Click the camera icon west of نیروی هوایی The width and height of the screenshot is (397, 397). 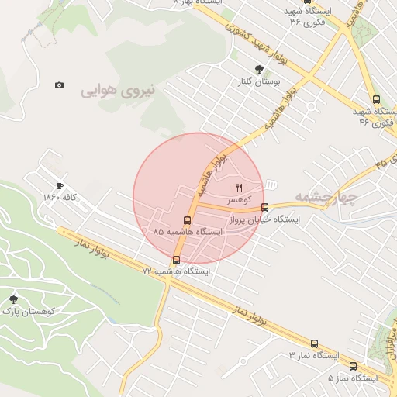pyautogui.click(x=60, y=85)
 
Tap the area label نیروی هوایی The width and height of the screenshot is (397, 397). pyautogui.click(x=118, y=90)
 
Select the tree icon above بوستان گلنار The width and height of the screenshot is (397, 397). pyautogui.click(x=258, y=69)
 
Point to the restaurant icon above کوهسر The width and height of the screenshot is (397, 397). pyautogui.click(x=239, y=188)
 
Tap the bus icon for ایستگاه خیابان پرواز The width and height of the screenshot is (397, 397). pyautogui.click(x=265, y=207)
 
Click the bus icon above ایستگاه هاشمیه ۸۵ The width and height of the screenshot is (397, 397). pyautogui.click(x=186, y=220)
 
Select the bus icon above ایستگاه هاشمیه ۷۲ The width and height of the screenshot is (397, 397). pyautogui.click(x=177, y=260)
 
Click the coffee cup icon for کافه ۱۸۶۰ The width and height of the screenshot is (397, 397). pyautogui.click(x=60, y=186)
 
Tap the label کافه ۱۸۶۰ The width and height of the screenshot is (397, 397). pyautogui.click(x=60, y=197)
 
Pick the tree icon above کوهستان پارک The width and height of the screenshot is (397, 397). pyautogui.click(x=13, y=299)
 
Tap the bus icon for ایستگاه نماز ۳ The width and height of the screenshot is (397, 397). pyautogui.click(x=314, y=343)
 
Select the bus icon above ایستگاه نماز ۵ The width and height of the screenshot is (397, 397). pyautogui.click(x=354, y=366)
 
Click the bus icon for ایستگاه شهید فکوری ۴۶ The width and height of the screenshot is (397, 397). pyautogui.click(x=376, y=99)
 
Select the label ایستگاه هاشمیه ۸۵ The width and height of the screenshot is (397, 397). pyautogui.click(x=187, y=232)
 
